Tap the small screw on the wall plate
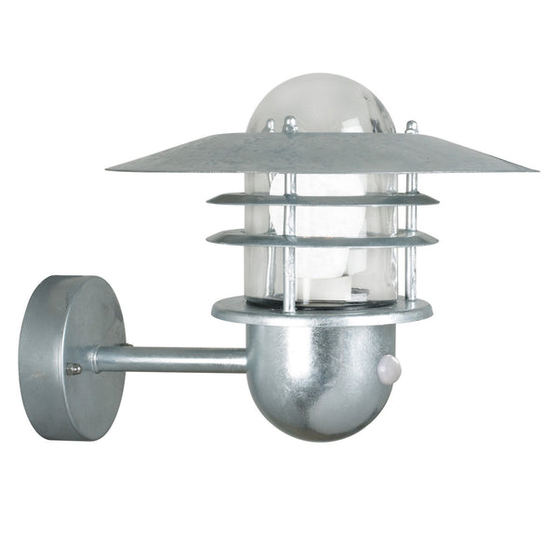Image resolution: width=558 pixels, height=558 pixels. (x=73, y=369)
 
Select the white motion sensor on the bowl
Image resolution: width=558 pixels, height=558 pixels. (x=392, y=368)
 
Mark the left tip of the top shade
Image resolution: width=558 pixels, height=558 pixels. (x=110, y=168)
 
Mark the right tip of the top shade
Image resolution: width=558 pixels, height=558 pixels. (x=535, y=169)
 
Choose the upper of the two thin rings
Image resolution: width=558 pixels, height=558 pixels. (x=322, y=198)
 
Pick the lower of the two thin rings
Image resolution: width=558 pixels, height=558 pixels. (x=322, y=236)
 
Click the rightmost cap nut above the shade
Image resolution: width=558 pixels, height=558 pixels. (x=411, y=126)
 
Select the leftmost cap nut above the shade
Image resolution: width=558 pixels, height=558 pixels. (x=270, y=124)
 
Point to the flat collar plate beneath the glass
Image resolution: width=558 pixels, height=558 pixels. (x=321, y=310)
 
